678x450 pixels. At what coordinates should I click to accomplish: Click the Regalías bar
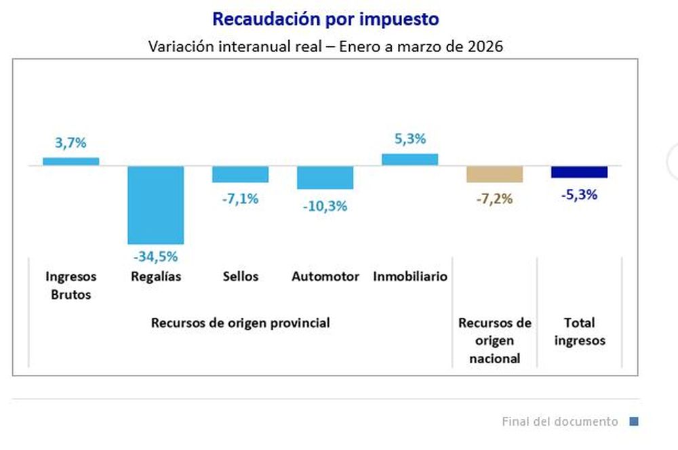[156, 205]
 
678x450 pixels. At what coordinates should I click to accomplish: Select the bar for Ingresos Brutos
[71, 161]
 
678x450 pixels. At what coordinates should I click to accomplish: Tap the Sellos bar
[241, 174]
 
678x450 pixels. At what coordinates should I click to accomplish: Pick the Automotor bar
[325, 178]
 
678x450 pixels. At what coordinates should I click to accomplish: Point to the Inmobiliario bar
[410, 159]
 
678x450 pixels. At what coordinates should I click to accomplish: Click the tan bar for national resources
[495, 174]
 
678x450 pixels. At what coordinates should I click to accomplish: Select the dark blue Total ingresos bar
[580, 172]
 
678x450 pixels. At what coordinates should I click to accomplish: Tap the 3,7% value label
[71, 143]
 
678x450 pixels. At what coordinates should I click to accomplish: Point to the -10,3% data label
[325, 206]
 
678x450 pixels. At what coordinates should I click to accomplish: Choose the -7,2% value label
[495, 199]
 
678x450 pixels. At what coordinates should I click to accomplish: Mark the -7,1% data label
[241, 199]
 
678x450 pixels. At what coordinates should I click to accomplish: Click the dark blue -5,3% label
[580, 195]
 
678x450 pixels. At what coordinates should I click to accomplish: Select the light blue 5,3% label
[410, 139]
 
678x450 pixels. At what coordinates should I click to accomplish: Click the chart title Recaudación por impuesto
[325, 19]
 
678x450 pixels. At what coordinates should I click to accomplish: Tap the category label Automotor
[325, 277]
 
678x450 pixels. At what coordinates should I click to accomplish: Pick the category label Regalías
[156, 277]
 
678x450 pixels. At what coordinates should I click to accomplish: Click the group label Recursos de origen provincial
[241, 323]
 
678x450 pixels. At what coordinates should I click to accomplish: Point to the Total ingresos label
[580, 332]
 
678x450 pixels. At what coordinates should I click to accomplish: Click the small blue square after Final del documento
[634, 422]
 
